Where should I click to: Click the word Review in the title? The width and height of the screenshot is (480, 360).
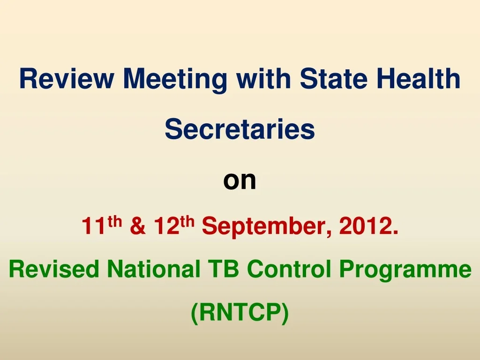coord(67,78)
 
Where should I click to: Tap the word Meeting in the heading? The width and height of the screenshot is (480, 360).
coord(175,80)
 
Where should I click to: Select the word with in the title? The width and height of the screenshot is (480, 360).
coord(263,78)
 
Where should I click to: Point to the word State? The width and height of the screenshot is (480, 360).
coord(333,78)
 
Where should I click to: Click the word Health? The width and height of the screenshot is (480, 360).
coord(418,78)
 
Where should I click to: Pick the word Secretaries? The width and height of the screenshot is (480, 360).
coord(240,129)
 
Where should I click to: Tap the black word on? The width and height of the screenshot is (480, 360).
coord(240,180)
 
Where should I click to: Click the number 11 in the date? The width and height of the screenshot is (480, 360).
coord(94,226)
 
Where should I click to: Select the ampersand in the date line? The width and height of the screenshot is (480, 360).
coord(138,226)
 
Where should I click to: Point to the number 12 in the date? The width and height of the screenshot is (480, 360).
coord(166,226)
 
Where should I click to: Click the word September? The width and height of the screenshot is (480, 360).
coord(266,227)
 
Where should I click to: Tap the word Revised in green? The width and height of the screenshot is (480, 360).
coord(54,269)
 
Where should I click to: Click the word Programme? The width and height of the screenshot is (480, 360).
coord(405,270)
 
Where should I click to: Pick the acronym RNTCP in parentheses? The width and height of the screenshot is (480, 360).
coord(240,312)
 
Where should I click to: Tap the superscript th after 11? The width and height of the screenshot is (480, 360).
coord(114,221)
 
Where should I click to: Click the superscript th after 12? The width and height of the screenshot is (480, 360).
coord(187,221)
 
